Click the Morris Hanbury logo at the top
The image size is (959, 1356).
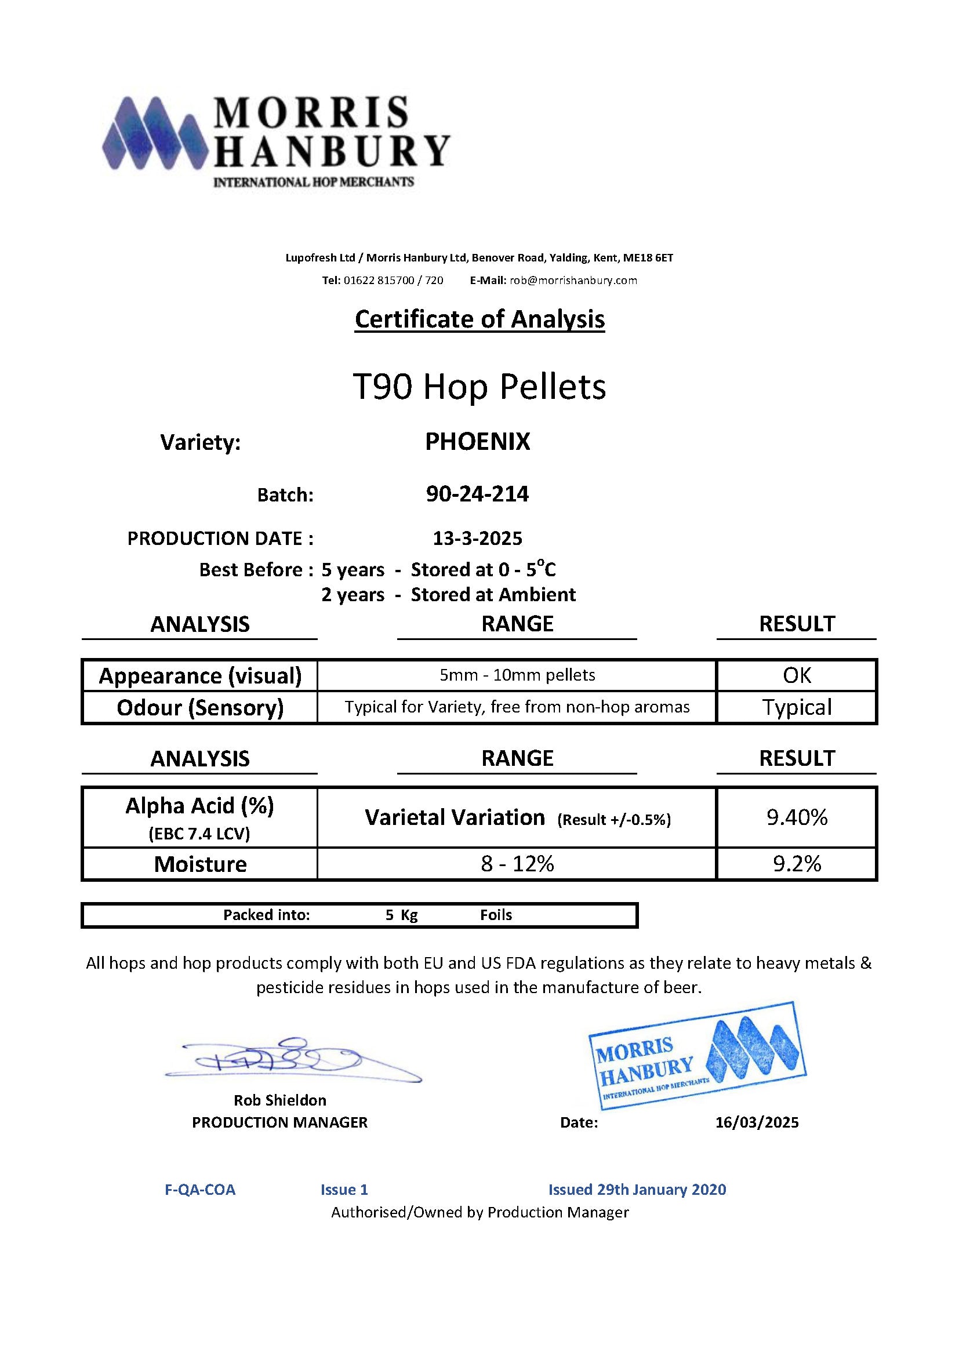pyautogui.click(x=276, y=141)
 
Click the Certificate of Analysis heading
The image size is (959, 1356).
pyautogui.click(x=479, y=319)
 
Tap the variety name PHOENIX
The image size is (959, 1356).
pyautogui.click(x=477, y=442)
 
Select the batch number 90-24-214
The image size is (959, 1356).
pyautogui.click(x=477, y=494)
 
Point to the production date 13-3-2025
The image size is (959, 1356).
pyautogui.click(x=477, y=538)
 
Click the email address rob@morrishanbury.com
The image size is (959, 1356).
pyautogui.click(x=573, y=281)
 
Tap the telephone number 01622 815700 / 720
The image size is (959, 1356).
pyautogui.click(x=393, y=281)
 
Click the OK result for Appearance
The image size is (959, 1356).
pyautogui.click(x=797, y=675)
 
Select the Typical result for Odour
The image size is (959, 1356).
pyautogui.click(x=797, y=707)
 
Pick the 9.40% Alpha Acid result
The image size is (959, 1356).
pyautogui.click(x=797, y=817)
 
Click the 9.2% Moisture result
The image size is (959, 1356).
pyautogui.click(x=797, y=864)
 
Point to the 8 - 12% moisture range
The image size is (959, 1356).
pyautogui.click(x=517, y=864)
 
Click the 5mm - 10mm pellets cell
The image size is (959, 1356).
pyautogui.click(x=517, y=675)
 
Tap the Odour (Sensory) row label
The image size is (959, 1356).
pyautogui.click(x=200, y=707)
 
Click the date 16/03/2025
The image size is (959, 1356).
pyautogui.click(x=757, y=1122)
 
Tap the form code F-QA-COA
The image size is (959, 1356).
pyautogui.click(x=200, y=1190)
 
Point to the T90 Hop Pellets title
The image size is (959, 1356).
pyautogui.click(x=479, y=387)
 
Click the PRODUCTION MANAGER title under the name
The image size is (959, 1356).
pyautogui.click(x=280, y=1122)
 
